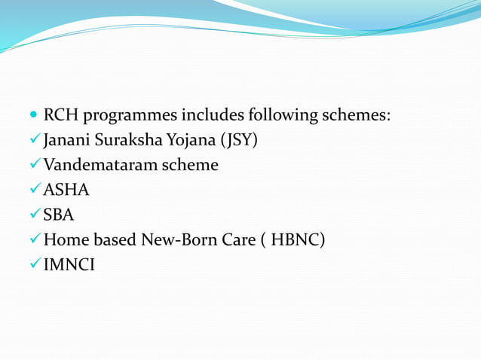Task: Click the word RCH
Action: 61,116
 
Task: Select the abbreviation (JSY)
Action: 239,141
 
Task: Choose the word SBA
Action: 59,215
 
